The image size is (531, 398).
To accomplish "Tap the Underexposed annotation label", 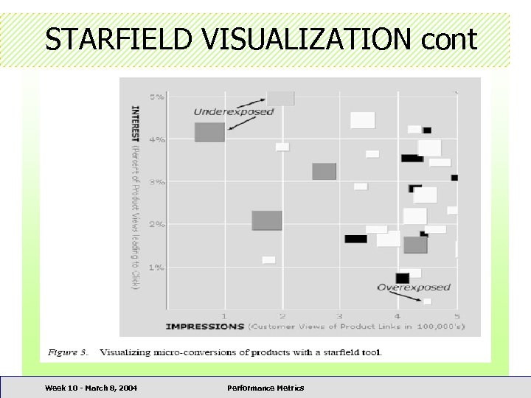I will pyautogui.click(x=233, y=111).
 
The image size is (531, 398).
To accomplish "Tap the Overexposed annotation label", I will pyautogui.click(x=414, y=287).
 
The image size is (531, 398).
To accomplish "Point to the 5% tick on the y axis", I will pyautogui.click(x=157, y=97).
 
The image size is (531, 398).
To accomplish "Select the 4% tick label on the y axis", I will pyautogui.click(x=157, y=139).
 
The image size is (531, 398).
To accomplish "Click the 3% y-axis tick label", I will pyautogui.click(x=157, y=181).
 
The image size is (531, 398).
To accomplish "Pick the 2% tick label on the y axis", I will pyautogui.click(x=157, y=224).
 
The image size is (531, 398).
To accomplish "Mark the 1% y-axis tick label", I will pyautogui.click(x=157, y=267).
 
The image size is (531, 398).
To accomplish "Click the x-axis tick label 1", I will pyautogui.click(x=224, y=316).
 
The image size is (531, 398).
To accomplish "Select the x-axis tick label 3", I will pyautogui.click(x=339, y=316).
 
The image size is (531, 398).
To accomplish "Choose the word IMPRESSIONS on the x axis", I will pyautogui.click(x=205, y=327).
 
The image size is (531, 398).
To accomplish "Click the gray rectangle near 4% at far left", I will pyautogui.click(x=209, y=133).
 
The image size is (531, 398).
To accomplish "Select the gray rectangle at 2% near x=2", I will pyautogui.click(x=267, y=220).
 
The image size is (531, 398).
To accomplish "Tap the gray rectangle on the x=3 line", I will pyautogui.click(x=324, y=171).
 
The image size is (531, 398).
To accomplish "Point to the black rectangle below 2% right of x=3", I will pyautogui.click(x=355, y=239).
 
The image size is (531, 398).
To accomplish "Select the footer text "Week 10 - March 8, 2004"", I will pyautogui.click(x=91, y=388).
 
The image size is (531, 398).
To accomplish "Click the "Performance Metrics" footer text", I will pyautogui.click(x=265, y=388).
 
